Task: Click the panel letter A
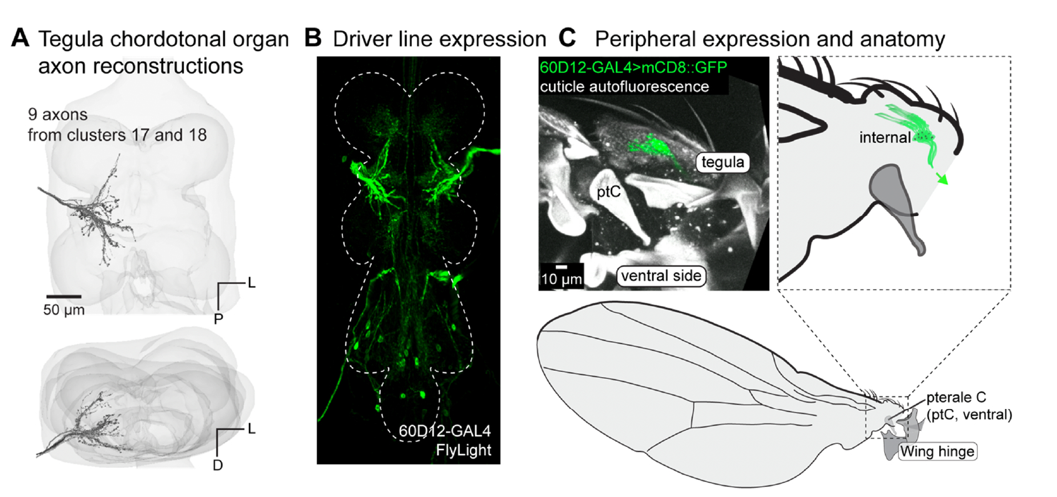coord(20,39)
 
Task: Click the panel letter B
coord(313,39)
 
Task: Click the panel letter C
coord(567,39)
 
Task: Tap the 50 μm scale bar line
coord(64,296)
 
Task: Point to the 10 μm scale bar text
coord(562,279)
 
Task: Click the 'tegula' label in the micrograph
coord(723,162)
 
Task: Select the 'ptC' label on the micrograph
coord(608,192)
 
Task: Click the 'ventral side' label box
coord(661,276)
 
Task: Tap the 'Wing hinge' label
coord(937,451)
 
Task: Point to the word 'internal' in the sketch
coord(885,137)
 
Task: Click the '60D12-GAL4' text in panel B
coord(445,431)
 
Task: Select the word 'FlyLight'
coord(464,450)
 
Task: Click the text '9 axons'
coord(57,114)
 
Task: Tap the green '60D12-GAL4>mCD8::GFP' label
coord(633,67)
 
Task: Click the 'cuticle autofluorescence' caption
coord(624,86)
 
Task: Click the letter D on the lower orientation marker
coord(218,465)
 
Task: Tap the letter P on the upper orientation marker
coord(218,319)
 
